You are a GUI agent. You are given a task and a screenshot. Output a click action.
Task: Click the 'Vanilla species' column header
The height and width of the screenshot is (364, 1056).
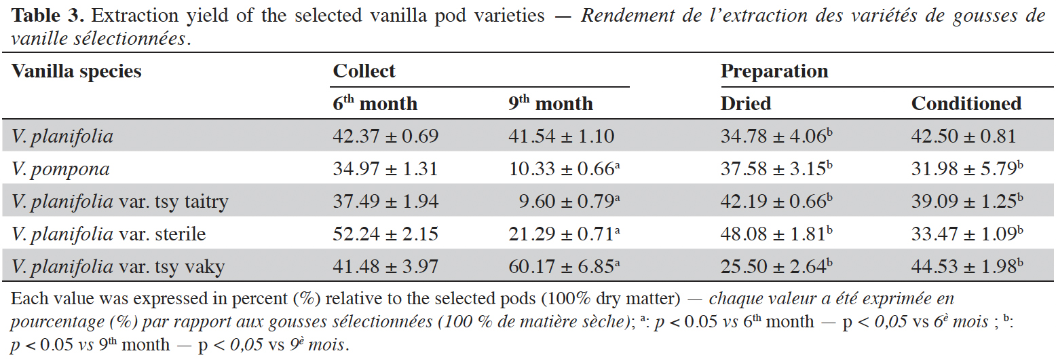(77, 72)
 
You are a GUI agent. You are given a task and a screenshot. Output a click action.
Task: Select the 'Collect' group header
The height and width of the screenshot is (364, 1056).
(364, 71)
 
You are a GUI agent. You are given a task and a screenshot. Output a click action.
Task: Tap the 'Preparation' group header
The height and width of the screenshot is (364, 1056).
(774, 72)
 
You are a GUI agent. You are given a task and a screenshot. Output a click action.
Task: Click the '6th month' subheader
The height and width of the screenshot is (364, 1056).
(375, 103)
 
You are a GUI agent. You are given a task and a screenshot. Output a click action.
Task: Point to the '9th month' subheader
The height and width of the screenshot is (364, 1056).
(550, 103)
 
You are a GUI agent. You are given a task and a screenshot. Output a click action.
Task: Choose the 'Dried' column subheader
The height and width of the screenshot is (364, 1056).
(746, 104)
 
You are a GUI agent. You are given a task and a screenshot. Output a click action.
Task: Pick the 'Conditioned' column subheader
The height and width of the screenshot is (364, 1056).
(966, 104)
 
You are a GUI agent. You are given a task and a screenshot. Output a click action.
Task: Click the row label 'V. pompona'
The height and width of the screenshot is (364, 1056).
(60, 169)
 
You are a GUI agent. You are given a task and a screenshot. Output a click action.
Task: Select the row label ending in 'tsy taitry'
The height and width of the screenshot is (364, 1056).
(119, 202)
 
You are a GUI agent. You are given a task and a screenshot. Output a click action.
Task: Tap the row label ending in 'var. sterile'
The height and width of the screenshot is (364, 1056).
(109, 234)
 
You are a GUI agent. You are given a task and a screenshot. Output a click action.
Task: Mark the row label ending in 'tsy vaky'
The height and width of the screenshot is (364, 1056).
(118, 267)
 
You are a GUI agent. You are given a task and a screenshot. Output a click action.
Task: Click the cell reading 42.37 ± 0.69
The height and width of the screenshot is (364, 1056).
(385, 136)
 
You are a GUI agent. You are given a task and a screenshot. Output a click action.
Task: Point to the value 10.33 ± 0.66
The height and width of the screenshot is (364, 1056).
(564, 168)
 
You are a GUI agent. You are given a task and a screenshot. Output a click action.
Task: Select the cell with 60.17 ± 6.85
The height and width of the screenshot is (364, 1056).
(564, 266)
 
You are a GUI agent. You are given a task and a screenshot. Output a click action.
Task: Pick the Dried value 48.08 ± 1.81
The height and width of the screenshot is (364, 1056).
(776, 234)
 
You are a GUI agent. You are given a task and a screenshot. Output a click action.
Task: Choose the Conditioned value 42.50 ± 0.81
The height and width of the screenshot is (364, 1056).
(963, 136)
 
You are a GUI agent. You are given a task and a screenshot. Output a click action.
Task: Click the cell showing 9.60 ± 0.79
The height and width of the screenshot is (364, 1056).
(569, 201)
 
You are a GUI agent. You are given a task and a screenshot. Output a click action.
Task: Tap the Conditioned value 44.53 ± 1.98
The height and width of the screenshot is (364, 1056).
(967, 266)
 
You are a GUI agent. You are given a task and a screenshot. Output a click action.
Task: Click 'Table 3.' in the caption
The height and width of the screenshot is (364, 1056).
(48, 16)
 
